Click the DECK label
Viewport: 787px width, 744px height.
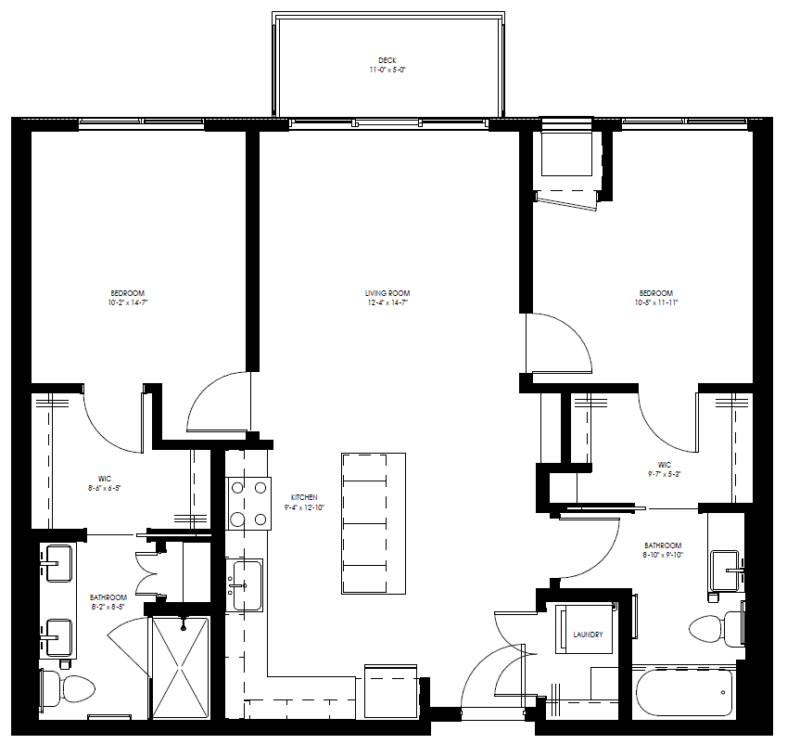[x=387, y=60]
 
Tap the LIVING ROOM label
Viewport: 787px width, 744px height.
[x=387, y=293]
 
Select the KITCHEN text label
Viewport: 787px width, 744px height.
[x=304, y=497]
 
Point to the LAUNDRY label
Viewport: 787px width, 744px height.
[x=588, y=635]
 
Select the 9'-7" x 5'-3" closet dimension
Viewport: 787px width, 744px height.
[x=665, y=473]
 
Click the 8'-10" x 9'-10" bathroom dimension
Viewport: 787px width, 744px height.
[x=664, y=555]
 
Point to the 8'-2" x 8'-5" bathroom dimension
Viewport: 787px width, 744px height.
[x=108, y=607]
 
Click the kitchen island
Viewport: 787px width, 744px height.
[x=374, y=523]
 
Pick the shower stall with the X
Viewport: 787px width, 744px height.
[x=181, y=665]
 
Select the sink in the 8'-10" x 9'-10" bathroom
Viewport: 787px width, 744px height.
[x=726, y=565]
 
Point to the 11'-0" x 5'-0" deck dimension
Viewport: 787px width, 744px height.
[x=387, y=70]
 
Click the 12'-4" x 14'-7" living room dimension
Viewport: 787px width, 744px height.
[x=387, y=302]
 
